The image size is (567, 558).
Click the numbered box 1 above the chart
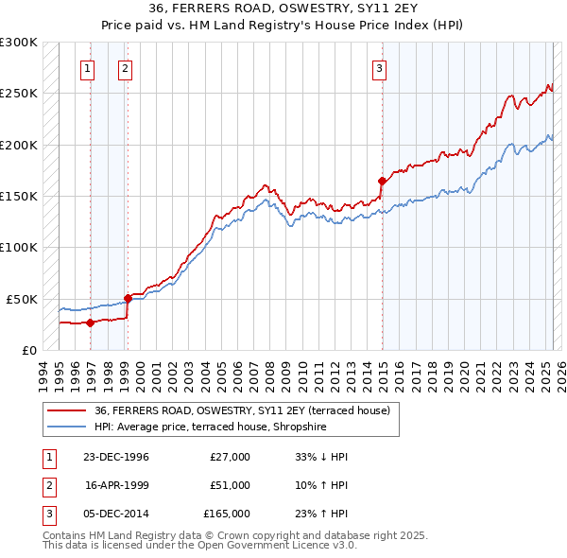87,67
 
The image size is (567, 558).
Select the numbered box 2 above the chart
125,67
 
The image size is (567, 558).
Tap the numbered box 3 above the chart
379,67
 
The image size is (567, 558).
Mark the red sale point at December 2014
382,181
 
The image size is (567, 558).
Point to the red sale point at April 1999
128,298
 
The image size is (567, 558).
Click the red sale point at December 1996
91,323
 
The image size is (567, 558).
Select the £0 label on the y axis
28,350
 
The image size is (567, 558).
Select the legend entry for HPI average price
210,427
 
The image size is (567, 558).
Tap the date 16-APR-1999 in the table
116,485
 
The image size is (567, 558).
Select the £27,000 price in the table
230,457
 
